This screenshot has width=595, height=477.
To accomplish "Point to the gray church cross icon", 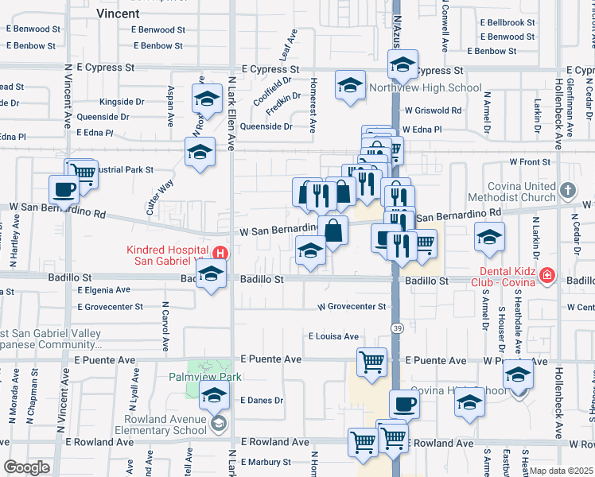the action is pos(567,191).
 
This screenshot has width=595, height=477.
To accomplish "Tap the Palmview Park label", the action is pos(204,378).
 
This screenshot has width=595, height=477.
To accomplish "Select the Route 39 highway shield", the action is pos(396,328).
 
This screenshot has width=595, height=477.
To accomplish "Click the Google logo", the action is pos(26,467).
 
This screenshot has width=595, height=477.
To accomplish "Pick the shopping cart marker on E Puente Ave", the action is pos(372,362).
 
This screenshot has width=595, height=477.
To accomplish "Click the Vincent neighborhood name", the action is pos(118,14).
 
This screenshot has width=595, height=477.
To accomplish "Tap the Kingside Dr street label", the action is pos(122,103).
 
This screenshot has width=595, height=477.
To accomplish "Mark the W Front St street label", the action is pos(530,162).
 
